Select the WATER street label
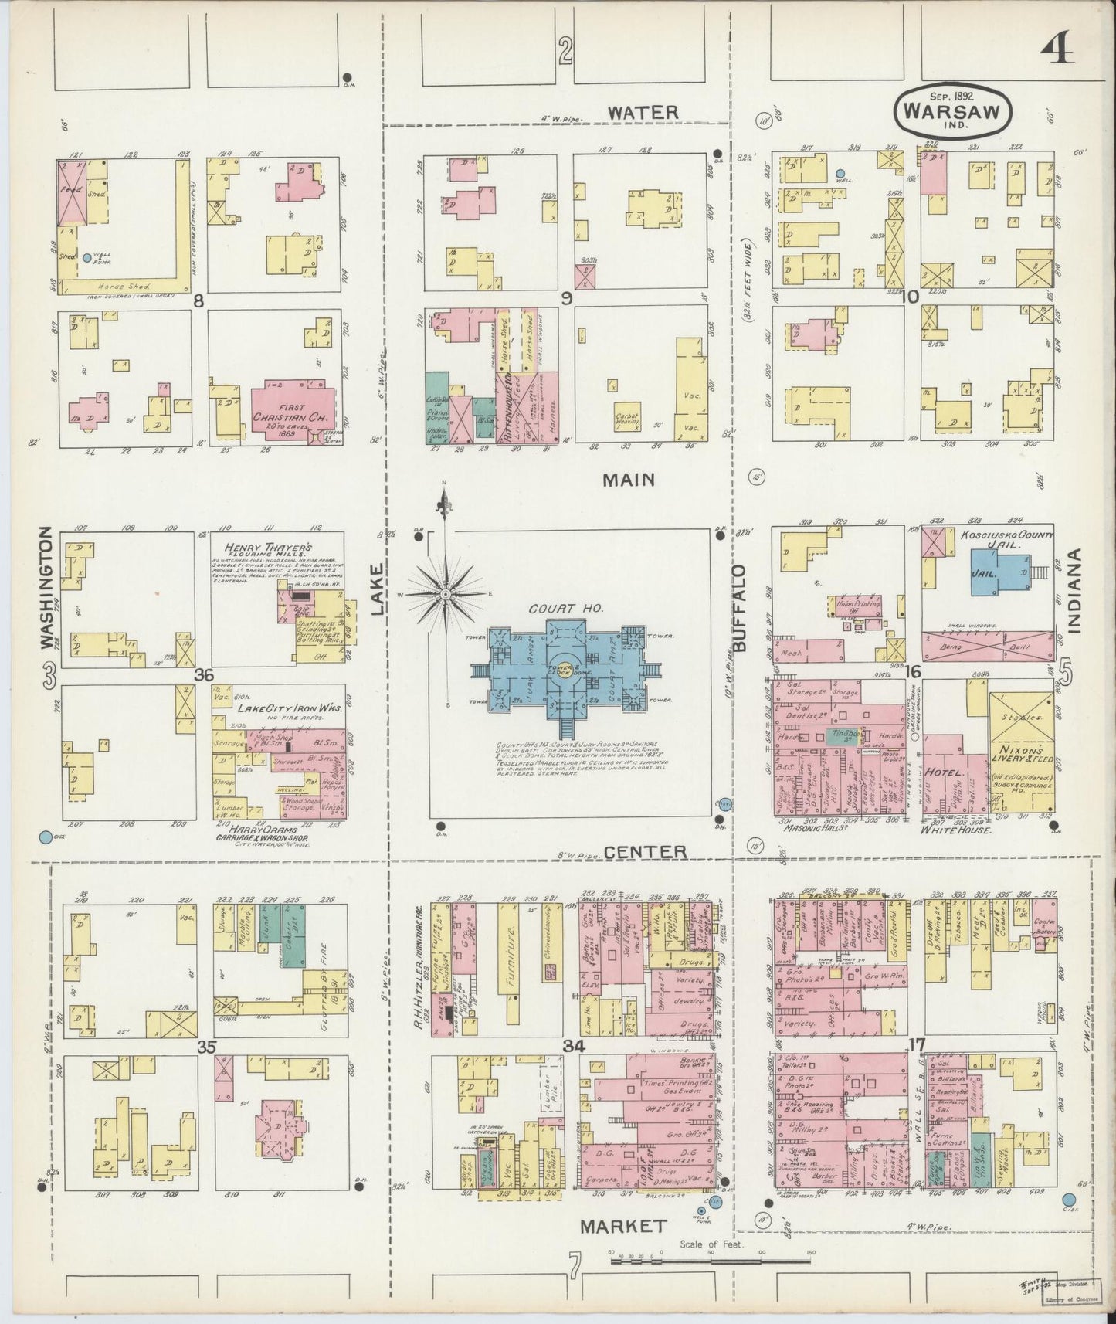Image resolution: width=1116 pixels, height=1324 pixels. (643, 113)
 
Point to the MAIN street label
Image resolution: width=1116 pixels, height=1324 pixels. (629, 480)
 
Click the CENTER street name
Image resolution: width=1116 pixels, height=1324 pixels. (645, 852)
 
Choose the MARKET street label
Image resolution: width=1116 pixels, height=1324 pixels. (622, 1226)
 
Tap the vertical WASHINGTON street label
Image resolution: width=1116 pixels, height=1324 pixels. (46, 589)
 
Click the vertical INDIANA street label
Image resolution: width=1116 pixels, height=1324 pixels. (1075, 592)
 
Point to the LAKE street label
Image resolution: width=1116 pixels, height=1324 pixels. (378, 589)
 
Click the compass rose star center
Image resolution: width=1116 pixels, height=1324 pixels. (445, 593)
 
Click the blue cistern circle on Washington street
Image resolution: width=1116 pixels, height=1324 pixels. (46, 837)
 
